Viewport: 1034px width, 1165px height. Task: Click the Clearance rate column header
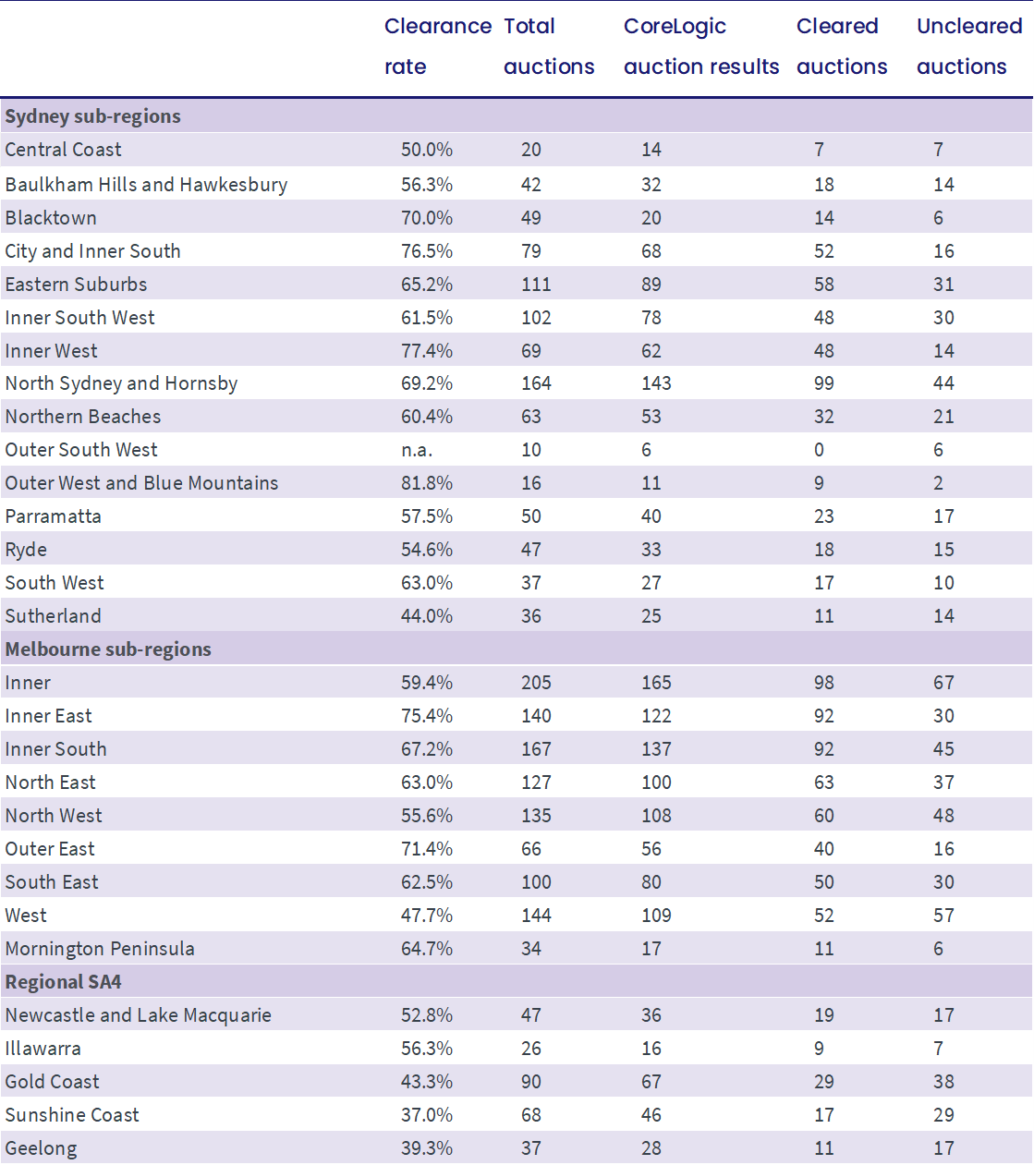[x=438, y=46]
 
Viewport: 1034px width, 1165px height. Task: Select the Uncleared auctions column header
[x=969, y=46]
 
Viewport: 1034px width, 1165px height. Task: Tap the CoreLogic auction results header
[x=701, y=46]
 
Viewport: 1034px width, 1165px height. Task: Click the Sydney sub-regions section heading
[x=92, y=116]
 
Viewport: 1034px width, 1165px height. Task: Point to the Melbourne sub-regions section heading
[x=108, y=649]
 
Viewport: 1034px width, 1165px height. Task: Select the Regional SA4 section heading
[x=63, y=981]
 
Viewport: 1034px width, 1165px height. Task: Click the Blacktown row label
[x=51, y=218]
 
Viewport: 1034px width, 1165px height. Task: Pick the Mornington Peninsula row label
[x=100, y=949]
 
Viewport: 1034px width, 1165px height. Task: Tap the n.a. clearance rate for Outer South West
[x=417, y=450]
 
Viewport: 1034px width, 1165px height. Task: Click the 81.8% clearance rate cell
[x=427, y=483]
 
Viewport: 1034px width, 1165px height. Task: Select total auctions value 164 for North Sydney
[x=536, y=383]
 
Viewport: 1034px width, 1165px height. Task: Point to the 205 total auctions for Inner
[x=536, y=683]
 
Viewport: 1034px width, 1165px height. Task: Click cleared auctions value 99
[x=823, y=383]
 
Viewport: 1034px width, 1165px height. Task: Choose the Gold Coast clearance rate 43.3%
[x=427, y=1082]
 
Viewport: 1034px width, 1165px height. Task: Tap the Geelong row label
[x=41, y=1149]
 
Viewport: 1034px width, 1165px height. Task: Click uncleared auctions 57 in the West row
[x=943, y=916]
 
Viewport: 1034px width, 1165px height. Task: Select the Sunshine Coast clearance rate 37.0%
[x=427, y=1115]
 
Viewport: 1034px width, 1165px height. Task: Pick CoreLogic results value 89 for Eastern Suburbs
[x=651, y=284]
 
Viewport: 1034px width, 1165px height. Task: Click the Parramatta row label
[x=53, y=516]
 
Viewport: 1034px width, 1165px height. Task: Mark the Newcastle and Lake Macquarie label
[x=138, y=1015]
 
